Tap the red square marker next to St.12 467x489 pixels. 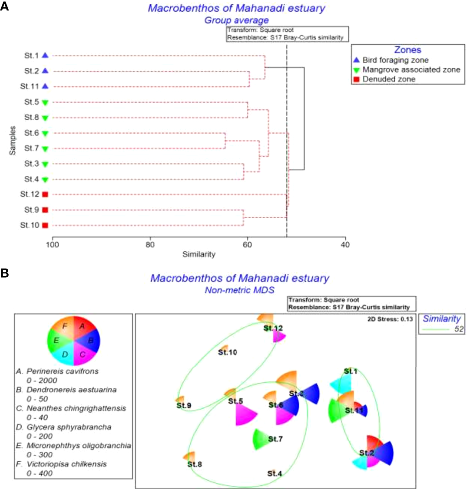45,194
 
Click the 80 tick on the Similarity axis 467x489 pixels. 150,245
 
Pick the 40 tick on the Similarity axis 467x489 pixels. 345,245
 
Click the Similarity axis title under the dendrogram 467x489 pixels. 199,254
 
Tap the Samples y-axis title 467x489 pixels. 13,141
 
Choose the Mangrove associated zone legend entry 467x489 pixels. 411,69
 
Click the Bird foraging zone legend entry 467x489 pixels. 395,60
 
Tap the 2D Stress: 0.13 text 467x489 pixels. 388,319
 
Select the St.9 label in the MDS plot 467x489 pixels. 184,406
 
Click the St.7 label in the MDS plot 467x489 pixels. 275,439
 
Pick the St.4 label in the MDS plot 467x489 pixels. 275,473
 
